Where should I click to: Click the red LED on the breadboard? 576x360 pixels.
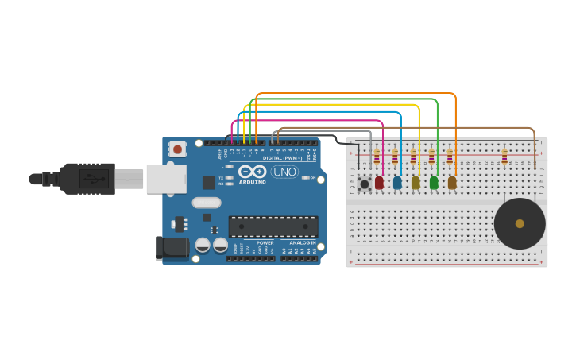click(379, 183)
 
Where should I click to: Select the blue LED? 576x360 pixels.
click(397, 183)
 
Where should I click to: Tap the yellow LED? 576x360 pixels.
click(416, 183)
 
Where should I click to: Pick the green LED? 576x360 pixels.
click(434, 183)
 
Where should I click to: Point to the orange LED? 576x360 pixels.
click(452, 183)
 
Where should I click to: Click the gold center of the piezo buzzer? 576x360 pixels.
click(520, 224)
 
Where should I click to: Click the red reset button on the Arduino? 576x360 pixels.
click(177, 149)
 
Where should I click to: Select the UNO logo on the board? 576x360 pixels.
click(284, 172)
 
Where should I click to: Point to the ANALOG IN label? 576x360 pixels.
click(302, 242)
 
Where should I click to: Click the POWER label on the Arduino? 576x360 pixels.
click(265, 242)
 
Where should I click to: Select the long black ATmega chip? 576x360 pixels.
click(273, 226)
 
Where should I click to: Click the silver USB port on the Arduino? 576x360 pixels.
click(165, 179)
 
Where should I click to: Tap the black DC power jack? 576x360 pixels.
click(172, 248)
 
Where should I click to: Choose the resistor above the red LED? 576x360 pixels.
click(377, 156)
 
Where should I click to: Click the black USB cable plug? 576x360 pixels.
click(87, 179)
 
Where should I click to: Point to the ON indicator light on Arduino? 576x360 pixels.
click(306, 177)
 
